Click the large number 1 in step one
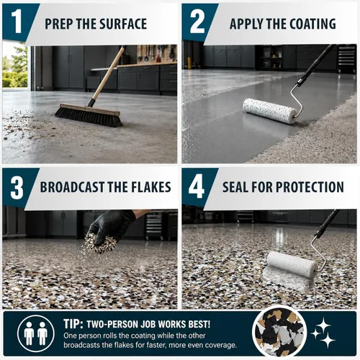pos(17,22)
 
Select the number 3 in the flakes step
pos(17,187)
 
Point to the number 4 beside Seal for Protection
pos(197,187)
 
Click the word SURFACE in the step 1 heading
pos(123,24)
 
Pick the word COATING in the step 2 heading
pos(312,24)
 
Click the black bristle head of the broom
pos(89,117)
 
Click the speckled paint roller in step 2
pos(270,111)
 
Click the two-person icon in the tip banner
pos(36,334)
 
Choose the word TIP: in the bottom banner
pos(73,324)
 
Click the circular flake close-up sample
pos(280,333)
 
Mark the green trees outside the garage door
pos(15,66)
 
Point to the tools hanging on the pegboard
pos(156,53)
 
